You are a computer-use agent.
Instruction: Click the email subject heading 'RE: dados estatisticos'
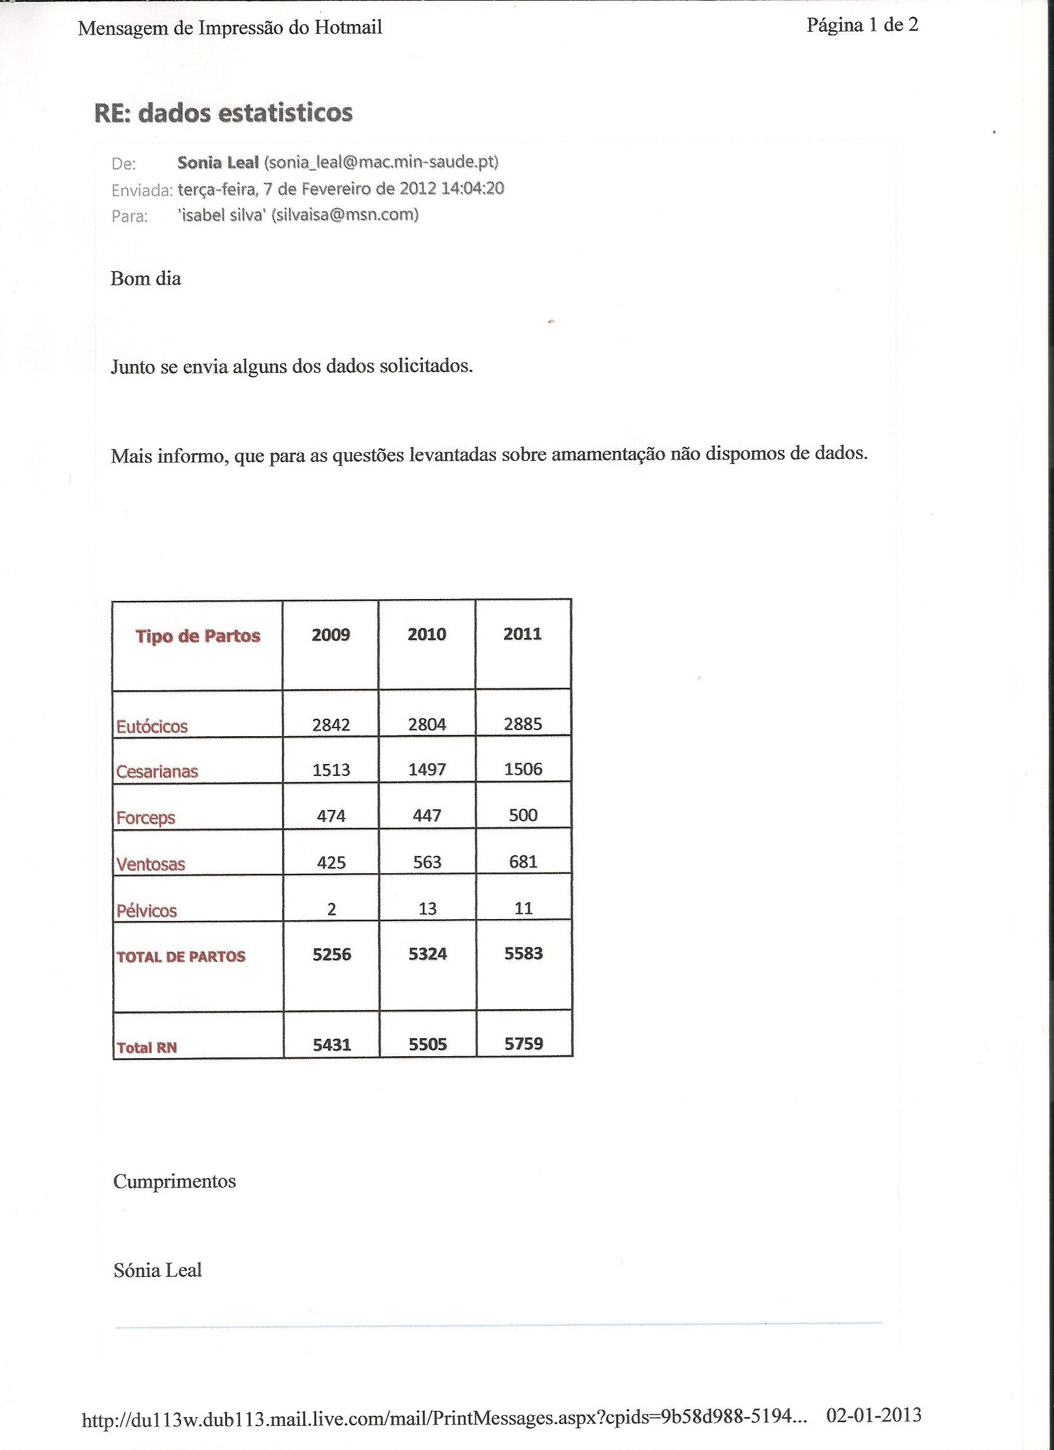pos(223,112)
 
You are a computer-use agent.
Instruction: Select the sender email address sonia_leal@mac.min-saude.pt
pos(381,162)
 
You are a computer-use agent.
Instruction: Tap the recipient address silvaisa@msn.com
pos(345,215)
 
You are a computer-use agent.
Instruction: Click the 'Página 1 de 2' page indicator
pos(862,25)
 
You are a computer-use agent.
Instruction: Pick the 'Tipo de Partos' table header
pos(198,636)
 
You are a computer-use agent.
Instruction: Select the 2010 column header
pos(427,634)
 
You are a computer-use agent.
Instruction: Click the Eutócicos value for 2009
pos(331,724)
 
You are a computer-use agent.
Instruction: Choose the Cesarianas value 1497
pos(427,770)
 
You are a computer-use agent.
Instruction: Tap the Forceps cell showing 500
pos(523,815)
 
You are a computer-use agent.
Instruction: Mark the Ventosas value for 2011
pos(523,862)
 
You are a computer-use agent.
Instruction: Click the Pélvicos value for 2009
pos(331,909)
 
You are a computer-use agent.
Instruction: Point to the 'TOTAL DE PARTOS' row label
pos(181,957)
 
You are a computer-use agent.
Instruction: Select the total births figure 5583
pos(523,954)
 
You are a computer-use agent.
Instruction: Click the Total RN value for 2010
pos(428,1044)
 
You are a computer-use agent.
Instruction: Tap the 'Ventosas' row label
pos(151,865)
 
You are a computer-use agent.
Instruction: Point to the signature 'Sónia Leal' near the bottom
pos(158,1270)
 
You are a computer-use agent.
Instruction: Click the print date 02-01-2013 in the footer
pos(873,1415)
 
